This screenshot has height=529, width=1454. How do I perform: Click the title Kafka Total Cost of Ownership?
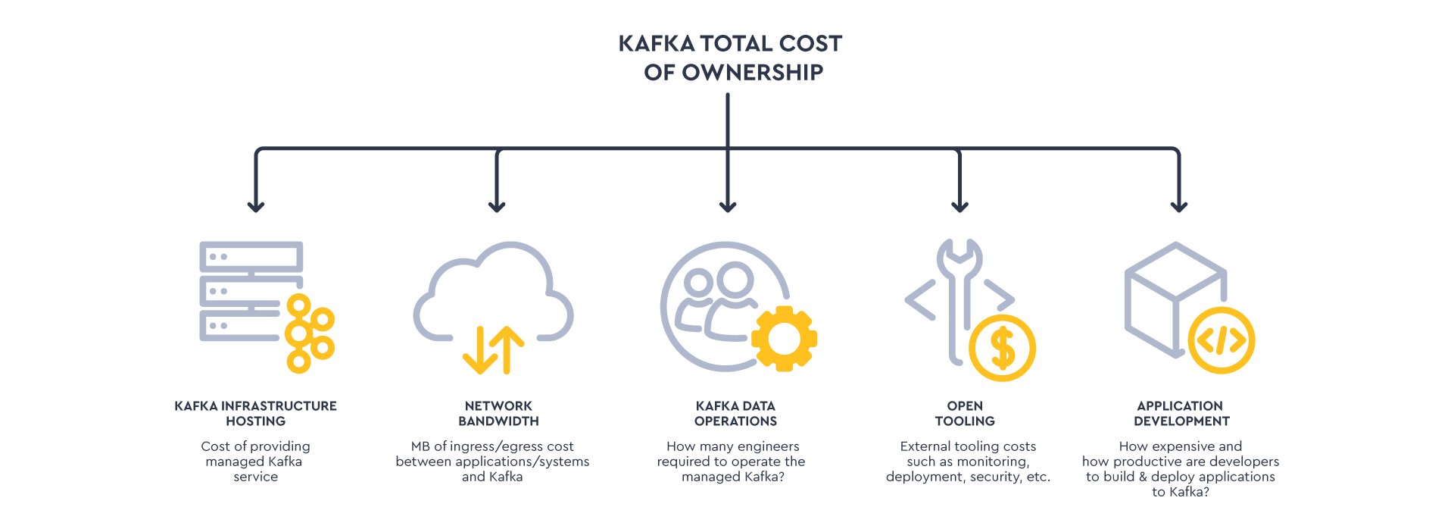[x=730, y=58]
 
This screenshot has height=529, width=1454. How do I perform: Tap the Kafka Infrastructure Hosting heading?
[x=256, y=413]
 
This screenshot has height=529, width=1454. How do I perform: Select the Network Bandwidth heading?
[x=498, y=413]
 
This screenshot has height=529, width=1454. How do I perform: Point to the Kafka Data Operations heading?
[x=735, y=413]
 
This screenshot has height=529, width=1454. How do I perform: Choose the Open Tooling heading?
[x=965, y=413]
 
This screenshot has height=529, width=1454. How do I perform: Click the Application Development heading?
[x=1181, y=413]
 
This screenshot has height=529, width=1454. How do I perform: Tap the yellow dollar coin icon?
[x=1002, y=349]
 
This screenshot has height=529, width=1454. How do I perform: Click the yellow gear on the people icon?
[x=784, y=339]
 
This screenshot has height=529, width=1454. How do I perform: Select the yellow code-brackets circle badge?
[x=1221, y=340]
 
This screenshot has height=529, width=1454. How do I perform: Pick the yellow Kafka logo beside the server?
[x=308, y=333]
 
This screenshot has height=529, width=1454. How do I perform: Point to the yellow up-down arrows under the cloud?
[x=494, y=350]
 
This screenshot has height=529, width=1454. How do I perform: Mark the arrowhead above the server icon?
[x=256, y=205]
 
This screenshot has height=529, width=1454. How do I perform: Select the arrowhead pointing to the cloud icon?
[x=497, y=205]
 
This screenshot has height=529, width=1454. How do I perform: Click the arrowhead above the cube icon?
[x=1178, y=205]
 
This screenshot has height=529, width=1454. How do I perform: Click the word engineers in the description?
[x=767, y=446]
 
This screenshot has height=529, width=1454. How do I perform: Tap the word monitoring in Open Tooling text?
[x=991, y=462]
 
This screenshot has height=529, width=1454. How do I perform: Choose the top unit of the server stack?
[x=251, y=257]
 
